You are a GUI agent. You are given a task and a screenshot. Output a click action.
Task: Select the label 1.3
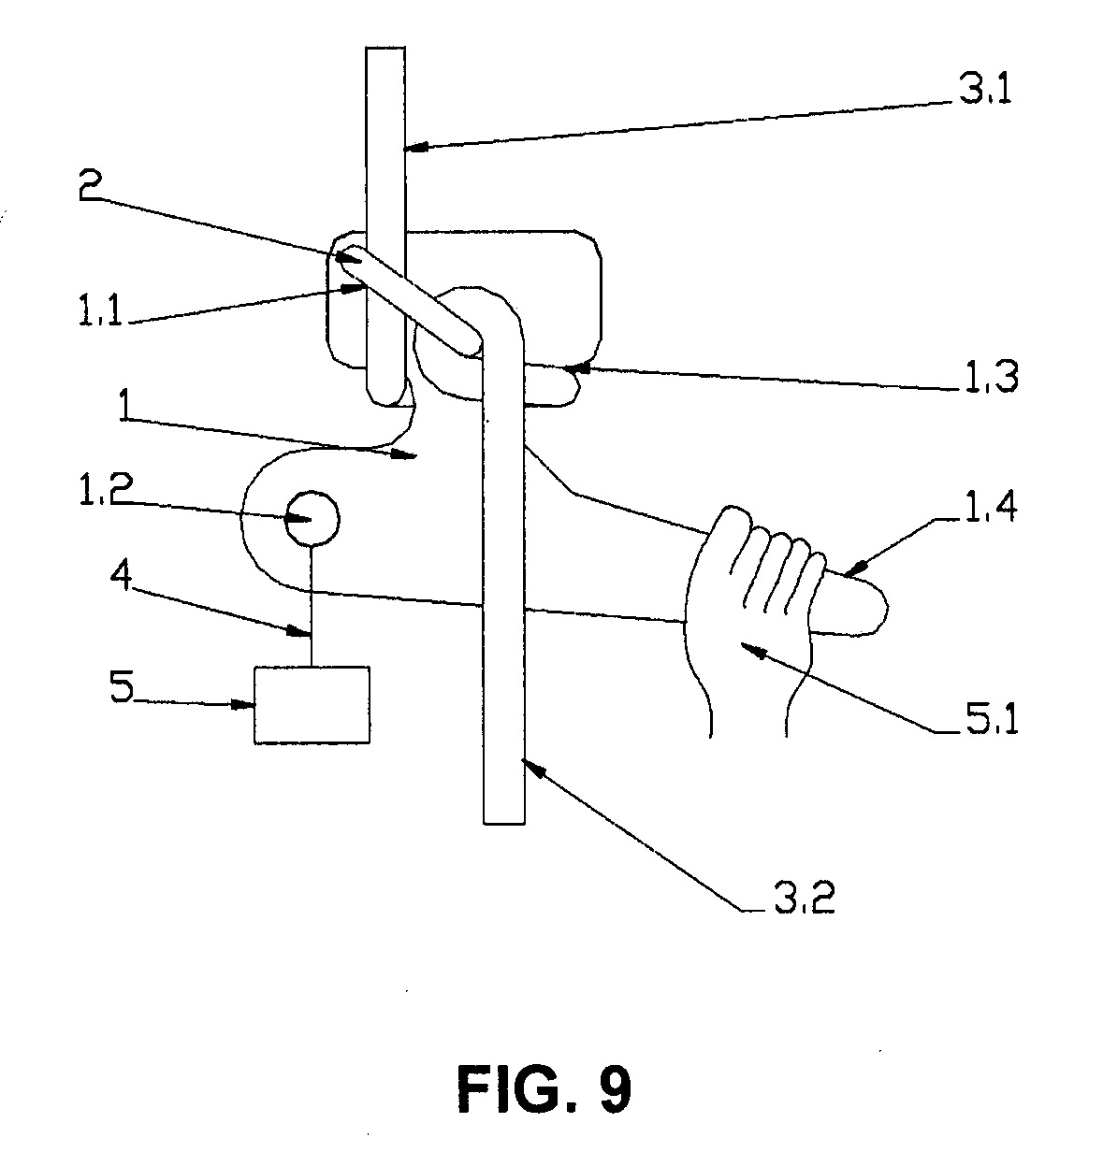(991, 376)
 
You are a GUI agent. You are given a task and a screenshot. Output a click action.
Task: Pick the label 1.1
(101, 310)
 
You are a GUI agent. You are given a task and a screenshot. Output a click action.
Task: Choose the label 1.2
(106, 489)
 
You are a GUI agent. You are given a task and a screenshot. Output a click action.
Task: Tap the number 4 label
(121, 575)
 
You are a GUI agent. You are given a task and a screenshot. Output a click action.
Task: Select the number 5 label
(122, 686)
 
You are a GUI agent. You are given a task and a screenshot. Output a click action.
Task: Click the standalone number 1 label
(124, 405)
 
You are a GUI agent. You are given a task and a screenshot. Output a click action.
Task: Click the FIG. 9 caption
(544, 1088)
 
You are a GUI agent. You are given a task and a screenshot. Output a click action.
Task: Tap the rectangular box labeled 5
(312, 705)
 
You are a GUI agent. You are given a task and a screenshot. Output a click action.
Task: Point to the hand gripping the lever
(748, 611)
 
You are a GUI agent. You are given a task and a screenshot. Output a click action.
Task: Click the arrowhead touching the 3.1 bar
(415, 147)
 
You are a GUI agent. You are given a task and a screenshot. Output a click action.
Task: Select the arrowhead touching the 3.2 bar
(534, 770)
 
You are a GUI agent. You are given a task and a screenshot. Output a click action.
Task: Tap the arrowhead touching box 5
(243, 705)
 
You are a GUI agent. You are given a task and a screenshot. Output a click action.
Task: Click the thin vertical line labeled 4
(312, 606)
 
